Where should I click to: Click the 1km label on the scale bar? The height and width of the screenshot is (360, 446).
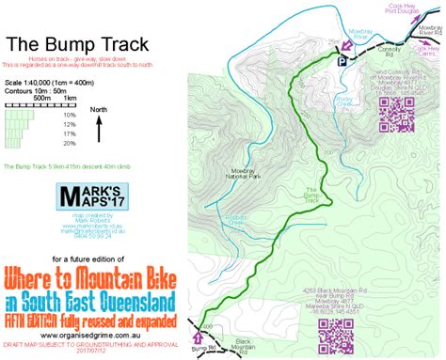pos(70,98)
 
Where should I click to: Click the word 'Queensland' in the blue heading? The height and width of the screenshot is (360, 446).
pos(131,302)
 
